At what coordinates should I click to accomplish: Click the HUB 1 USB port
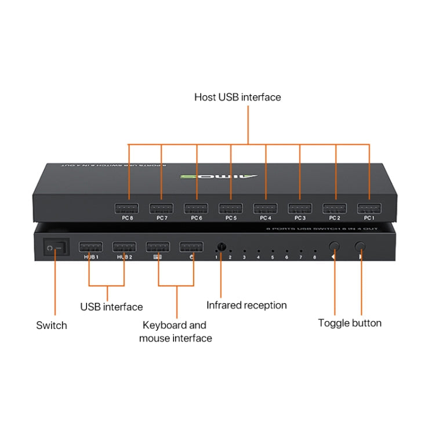pyautogui.click(x=90, y=247)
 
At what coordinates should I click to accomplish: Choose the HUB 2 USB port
pyautogui.click(x=124, y=247)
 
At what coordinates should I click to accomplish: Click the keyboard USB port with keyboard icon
pyautogui.click(x=158, y=247)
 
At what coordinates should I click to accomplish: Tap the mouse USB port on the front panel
pyautogui.click(x=191, y=247)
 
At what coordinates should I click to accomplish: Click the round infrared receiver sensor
pyautogui.click(x=221, y=246)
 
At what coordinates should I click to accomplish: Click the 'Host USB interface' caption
pyautogui.click(x=237, y=97)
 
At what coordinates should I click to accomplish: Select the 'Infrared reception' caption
pyautogui.click(x=246, y=305)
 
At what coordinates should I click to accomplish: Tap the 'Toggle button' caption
pyautogui.click(x=350, y=323)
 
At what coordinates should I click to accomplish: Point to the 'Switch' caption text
pyautogui.click(x=52, y=325)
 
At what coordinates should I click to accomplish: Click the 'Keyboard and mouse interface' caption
pyautogui.click(x=176, y=331)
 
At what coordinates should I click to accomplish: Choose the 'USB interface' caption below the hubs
pyautogui.click(x=111, y=307)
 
